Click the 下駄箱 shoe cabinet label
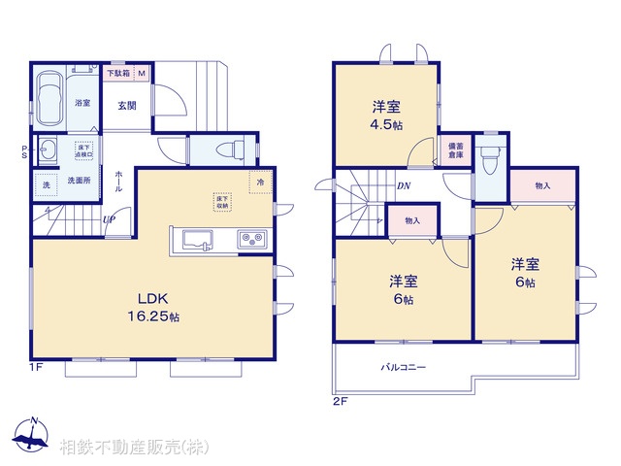click(118, 73)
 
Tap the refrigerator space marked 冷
click(260, 181)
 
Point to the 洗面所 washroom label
click(80, 181)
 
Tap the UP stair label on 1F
click(110, 220)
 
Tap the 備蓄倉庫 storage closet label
click(455, 151)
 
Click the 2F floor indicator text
click(340, 400)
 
